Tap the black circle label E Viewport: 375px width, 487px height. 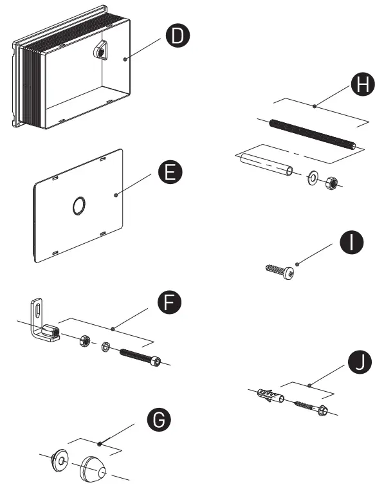tap(170, 173)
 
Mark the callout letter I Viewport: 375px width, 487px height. tap(351, 243)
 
